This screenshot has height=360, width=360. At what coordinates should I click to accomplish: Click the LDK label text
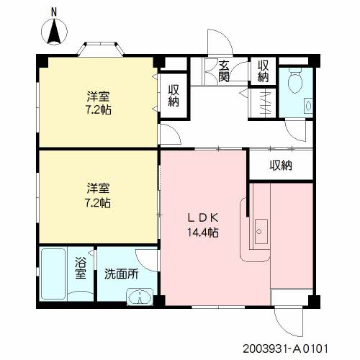[202, 218]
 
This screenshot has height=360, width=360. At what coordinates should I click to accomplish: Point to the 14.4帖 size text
[202, 233]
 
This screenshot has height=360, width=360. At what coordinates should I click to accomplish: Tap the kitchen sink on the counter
[261, 231]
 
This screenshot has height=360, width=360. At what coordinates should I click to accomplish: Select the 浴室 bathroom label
[81, 269]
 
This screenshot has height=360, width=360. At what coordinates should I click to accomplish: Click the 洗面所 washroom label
[121, 274]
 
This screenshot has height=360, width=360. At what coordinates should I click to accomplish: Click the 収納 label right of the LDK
[281, 166]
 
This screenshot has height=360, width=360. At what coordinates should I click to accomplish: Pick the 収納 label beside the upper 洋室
[174, 95]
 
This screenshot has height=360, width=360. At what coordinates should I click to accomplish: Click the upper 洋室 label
[99, 96]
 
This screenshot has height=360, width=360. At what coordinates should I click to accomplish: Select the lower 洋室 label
[99, 189]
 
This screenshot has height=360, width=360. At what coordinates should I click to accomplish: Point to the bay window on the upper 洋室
[100, 49]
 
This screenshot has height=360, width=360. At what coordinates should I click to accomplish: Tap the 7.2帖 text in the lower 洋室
[99, 203]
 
